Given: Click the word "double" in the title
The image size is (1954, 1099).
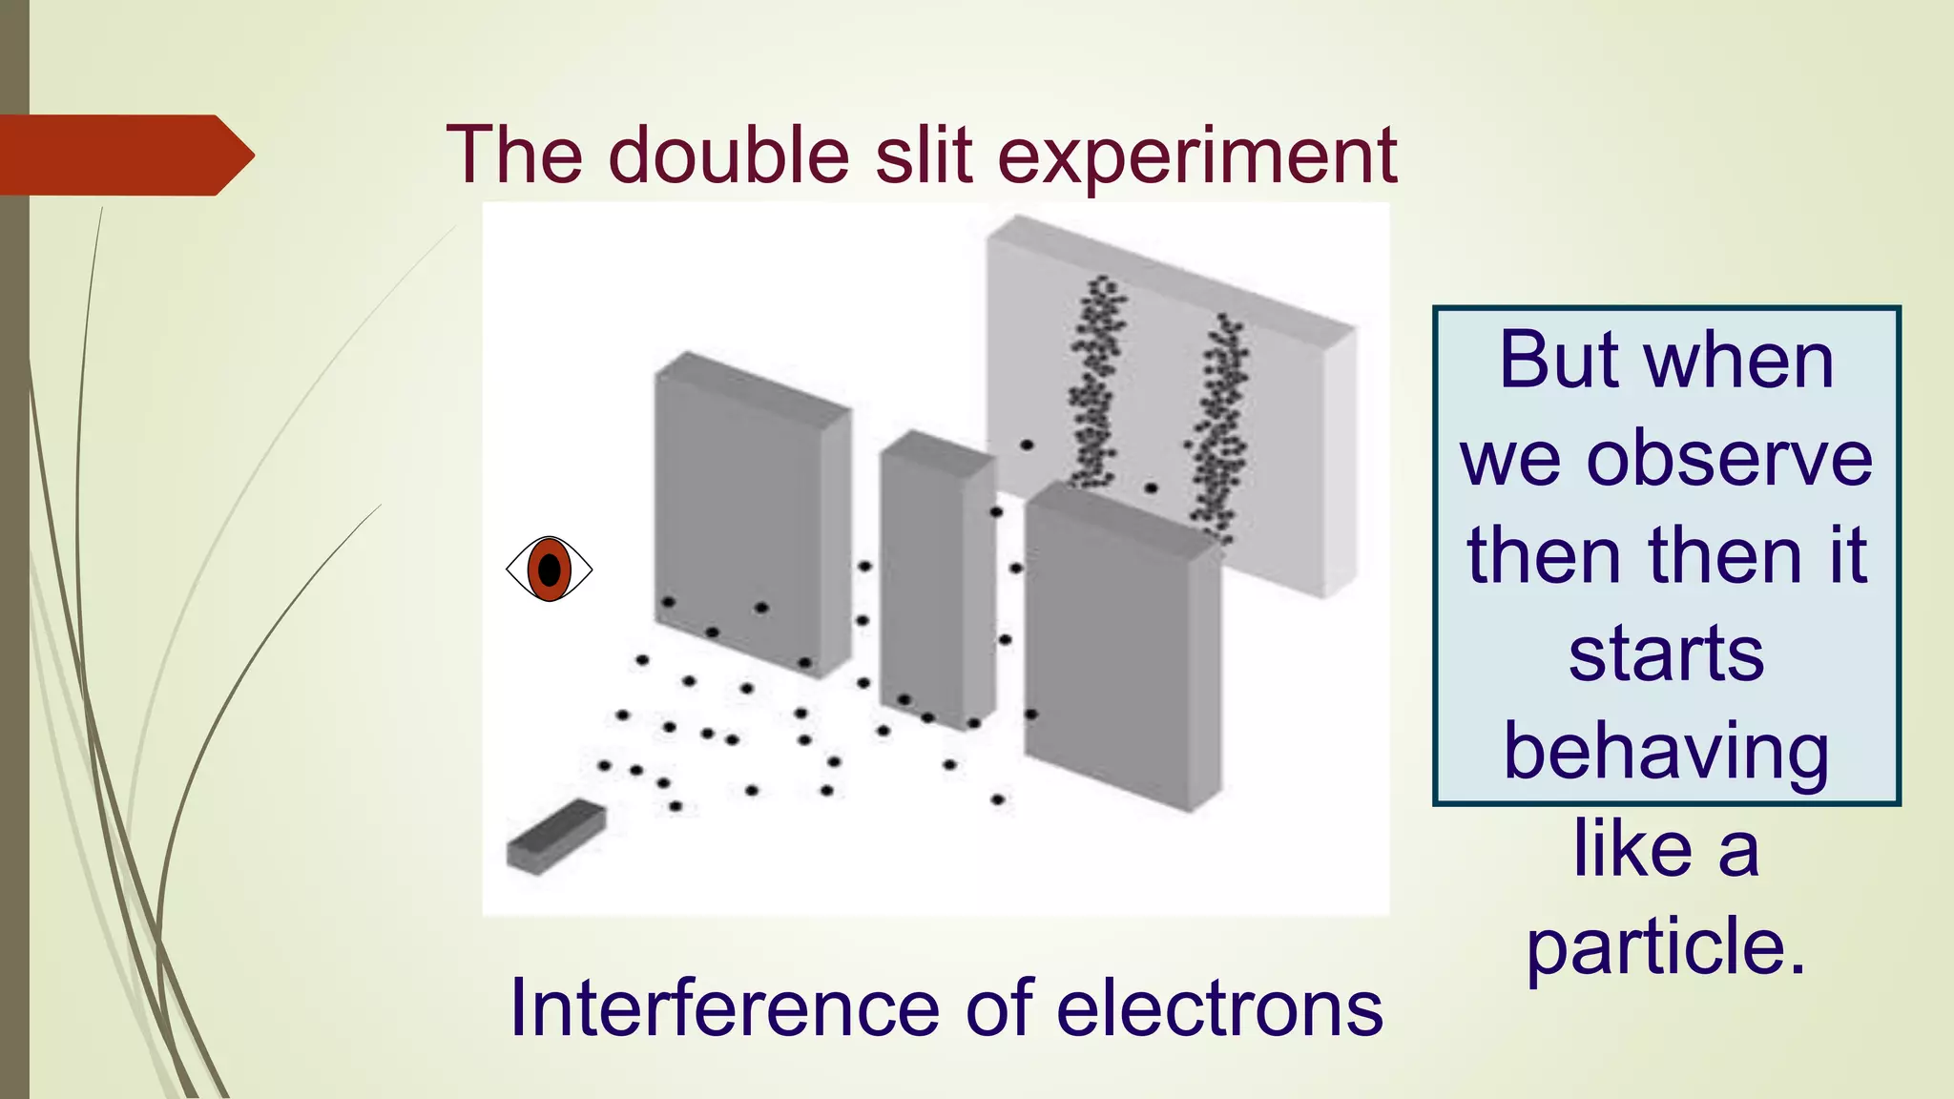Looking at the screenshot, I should [x=728, y=156].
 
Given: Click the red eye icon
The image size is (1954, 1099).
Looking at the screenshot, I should [x=549, y=570].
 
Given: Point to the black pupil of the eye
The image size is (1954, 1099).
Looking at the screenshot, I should [x=550, y=570].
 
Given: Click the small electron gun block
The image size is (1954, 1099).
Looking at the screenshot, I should [x=555, y=836].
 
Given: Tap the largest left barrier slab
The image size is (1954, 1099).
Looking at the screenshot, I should [x=749, y=515].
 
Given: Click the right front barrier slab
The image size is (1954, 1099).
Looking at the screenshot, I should [x=1121, y=649].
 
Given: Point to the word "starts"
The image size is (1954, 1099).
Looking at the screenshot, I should [x=1666, y=654].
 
